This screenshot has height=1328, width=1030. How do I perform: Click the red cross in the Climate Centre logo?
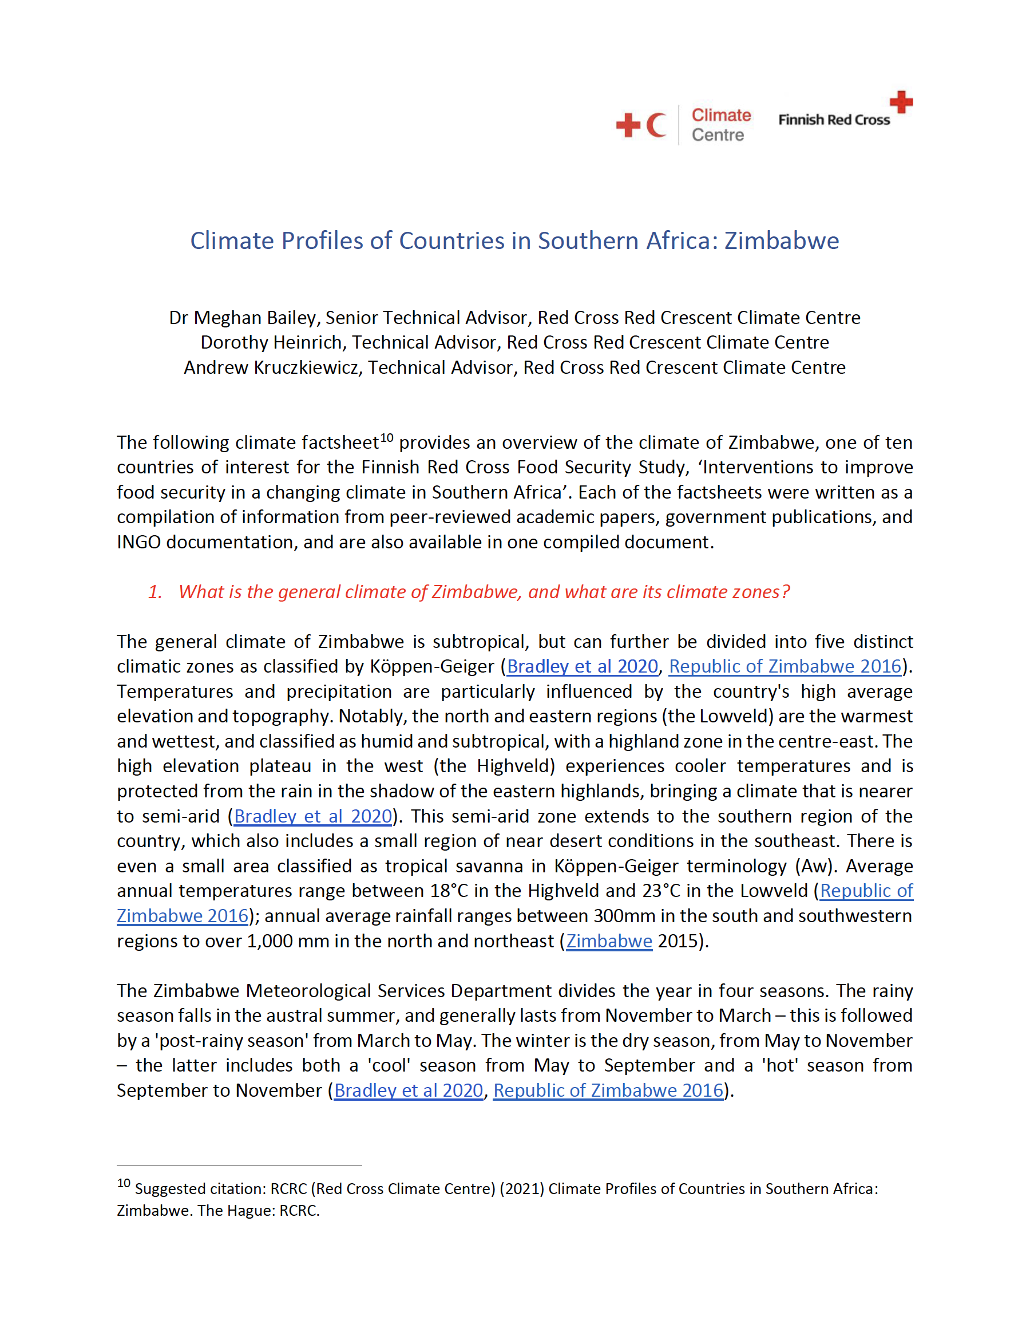click(x=628, y=126)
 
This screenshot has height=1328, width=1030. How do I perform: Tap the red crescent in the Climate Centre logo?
click(x=655, y=126)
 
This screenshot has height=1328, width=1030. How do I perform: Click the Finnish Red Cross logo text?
click(x=834, y=120)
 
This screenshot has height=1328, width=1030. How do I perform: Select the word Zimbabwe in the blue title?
click(x=781, y=241)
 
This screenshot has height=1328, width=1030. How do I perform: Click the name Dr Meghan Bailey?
click(x=243, y=318)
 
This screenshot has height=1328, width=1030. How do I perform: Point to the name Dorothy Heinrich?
click(x=271, y=342)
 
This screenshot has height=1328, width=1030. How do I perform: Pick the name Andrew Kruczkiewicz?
click(x=271, y=367)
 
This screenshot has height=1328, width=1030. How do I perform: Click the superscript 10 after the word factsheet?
click(x=387, y=438)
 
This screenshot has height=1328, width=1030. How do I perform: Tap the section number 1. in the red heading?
click(x=155, y=592)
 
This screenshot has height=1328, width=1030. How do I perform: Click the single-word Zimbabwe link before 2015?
click(x=609, y=940)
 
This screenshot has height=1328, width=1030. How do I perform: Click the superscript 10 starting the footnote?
click(x=124, y=1183)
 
